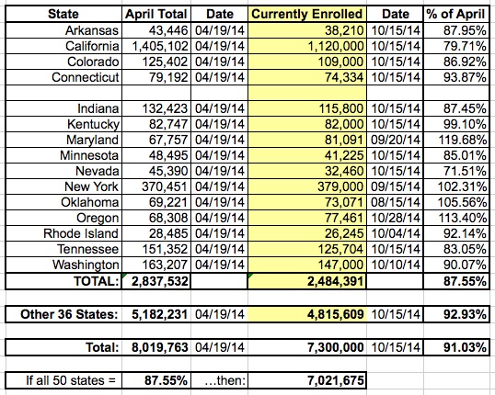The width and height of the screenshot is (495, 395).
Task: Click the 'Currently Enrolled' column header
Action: point(307,14)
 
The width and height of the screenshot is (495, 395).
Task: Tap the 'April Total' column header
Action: point(156,14)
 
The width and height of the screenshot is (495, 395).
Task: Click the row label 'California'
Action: point(92,46)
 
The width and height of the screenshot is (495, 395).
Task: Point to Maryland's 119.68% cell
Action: point(463,140)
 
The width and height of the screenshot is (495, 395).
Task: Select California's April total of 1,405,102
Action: point(160,46)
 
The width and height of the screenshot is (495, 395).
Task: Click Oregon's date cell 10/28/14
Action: point(396,218)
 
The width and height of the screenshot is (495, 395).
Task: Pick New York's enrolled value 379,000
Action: point(340,186)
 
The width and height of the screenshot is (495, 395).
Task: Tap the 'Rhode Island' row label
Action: point(81,233)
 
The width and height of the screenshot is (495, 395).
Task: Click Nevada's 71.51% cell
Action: point(465,171)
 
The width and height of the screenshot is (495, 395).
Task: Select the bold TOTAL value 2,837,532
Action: point(160,281)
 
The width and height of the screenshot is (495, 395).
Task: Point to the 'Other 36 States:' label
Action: point(69,314)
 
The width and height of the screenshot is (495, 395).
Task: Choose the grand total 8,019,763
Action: point(160,347)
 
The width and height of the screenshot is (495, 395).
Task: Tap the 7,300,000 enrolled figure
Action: point(335,347)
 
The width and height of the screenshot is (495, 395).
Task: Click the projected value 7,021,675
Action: point(335,380)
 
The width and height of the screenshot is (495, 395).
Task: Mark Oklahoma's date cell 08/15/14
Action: point(396,202)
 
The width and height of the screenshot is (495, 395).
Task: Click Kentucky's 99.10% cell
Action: point(465,124)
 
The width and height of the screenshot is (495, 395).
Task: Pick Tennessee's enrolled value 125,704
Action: point(340,249)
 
